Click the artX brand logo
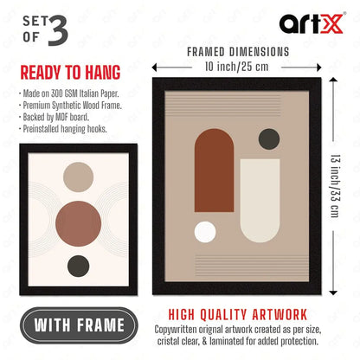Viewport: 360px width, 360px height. (x=312, y=23)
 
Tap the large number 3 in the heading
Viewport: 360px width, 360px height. (x=58, y=30)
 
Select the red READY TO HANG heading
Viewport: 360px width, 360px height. (x=70, y=73)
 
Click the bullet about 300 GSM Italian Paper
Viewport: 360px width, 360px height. (x=69, y=93)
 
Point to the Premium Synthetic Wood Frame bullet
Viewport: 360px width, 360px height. (x=70, y=106)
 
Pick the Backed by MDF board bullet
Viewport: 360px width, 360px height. (x=54, y=117)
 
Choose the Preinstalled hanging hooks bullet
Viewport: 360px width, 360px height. (x=63, y=129)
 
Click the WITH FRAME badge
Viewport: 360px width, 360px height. (x=79, y=325)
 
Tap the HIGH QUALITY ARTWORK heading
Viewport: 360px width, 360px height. (x=238, y=315)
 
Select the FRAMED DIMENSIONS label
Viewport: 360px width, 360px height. (x=238, y=52)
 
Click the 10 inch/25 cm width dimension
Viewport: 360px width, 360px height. (x=236, y=67)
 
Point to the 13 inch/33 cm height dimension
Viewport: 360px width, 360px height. (x=336, y=186)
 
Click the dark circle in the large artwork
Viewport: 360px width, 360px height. (x=269, y=139)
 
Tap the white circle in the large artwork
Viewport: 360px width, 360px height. (x=205, y=232)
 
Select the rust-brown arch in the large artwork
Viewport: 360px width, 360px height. (x=214, y=170)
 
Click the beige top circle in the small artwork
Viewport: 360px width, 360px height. (x=78, y=177)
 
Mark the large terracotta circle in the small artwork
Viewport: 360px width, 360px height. (x=78, y=223)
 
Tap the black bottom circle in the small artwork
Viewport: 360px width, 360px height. (x=78, y=266)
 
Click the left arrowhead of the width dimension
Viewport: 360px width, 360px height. (x=155, y=67)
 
